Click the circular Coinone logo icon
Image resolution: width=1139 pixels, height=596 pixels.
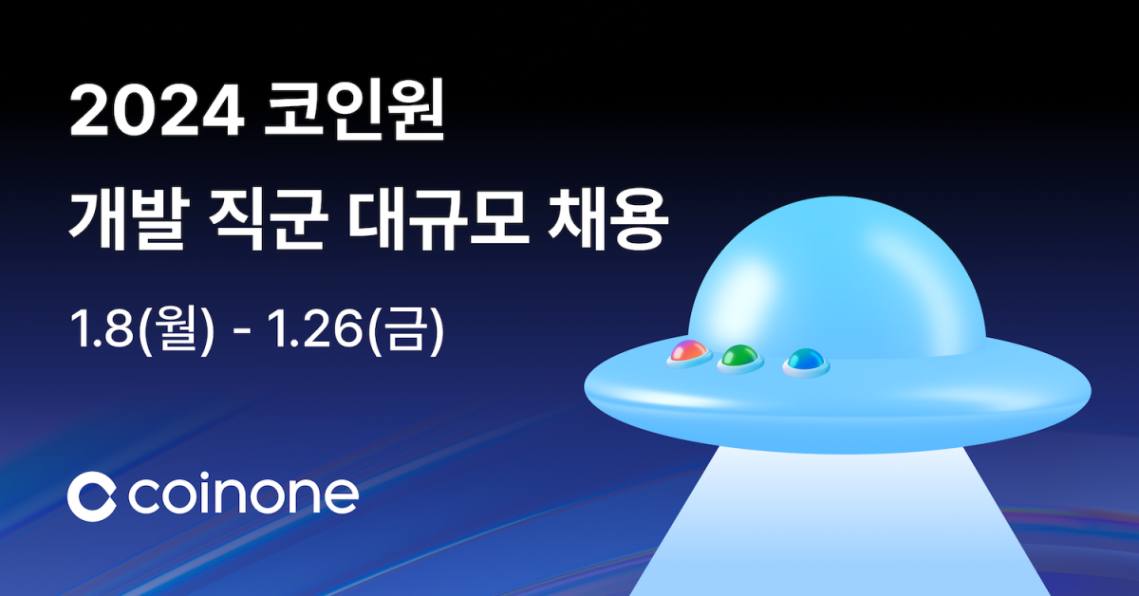pyautogui.click(x=91, y=494)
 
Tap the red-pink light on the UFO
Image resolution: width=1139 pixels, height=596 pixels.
pyautogui.click(x=688, y=353)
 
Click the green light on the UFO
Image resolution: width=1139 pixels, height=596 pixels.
pyautogui.click(x=740, y=358)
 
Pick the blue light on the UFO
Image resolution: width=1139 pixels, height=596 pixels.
pyautogui.click(x=805, y=360)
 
